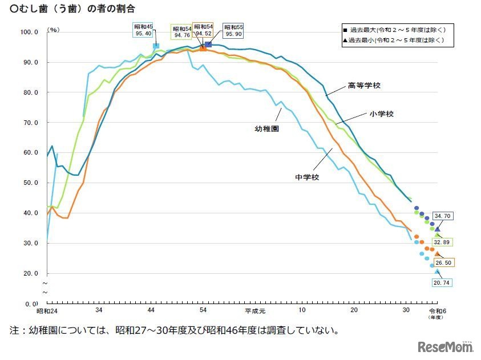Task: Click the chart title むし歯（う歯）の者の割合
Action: pyautogui.click(x=73, y=9)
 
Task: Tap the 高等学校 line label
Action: pyautogui.click(x=364, y=86)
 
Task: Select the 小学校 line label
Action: pyautogui.click(x=381, y=114)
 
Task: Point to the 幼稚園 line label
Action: pyautogui.click(x=266, y=130)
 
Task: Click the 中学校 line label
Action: pyautogui.click(x=307, y=177)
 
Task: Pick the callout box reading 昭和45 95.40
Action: pyautogui.click(x=143, y=31)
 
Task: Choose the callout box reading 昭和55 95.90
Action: pyautogui.click(x=233, y=31)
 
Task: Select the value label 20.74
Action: pyautogui.click(x=442, y=283)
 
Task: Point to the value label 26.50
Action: pyautogui.click(x=442, y=262)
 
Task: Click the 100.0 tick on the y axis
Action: pyautogui.click(x=29, y=33)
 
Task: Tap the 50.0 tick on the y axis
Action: pyautogui.click(x=29, y=183)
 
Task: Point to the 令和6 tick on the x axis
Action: pyautogui.click(x=437, y=310)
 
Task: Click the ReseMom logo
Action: pyautogui.click(x=446, y=347)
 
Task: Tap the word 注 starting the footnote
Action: pyautogui.click(x=14, y=330)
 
